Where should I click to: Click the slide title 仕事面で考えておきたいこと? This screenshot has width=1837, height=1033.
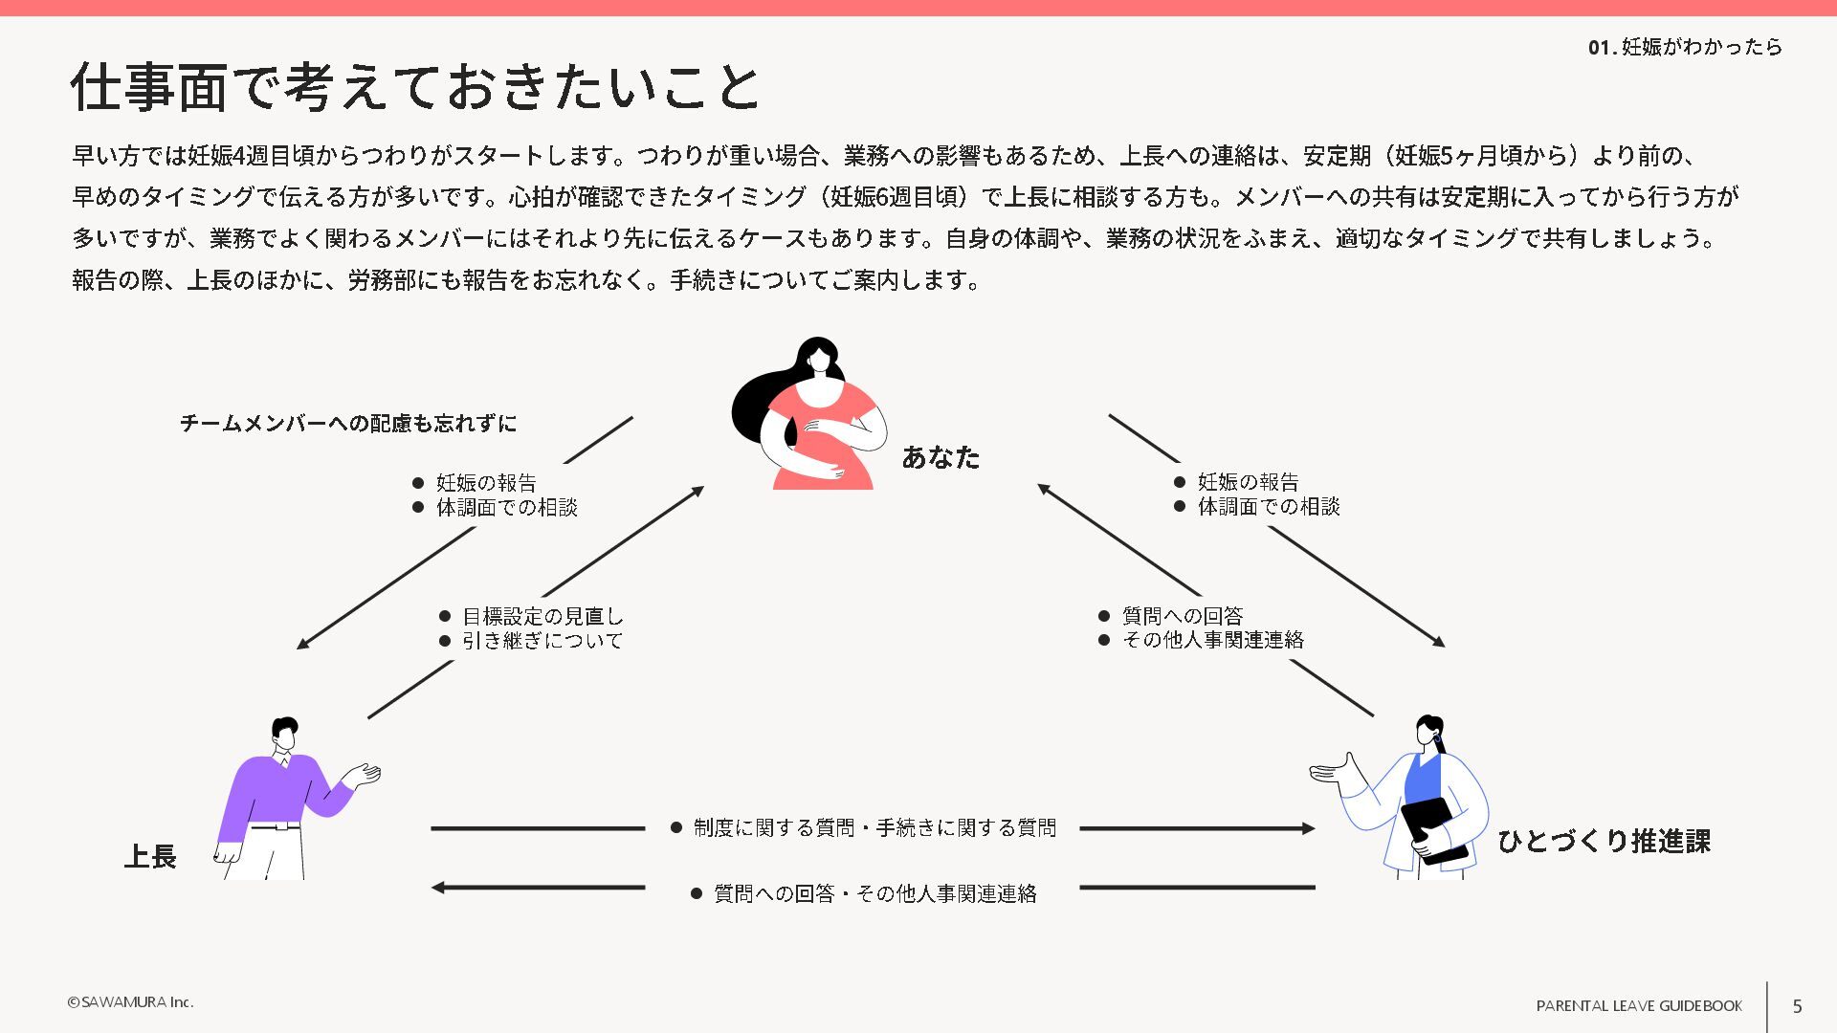click(x=415, y=87)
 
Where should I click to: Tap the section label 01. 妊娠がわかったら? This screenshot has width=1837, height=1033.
click(x=1685, y=47)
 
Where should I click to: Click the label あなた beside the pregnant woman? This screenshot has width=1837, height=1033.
click(x=941, y=457)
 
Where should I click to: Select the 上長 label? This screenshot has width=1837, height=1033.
click(x=150, y=856)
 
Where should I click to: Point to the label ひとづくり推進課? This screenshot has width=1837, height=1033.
click(x=1604, y=841)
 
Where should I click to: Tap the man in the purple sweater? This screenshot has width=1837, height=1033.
click(x=281, y=794)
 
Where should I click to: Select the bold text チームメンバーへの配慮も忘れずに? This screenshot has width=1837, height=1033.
click(x=348, y=423)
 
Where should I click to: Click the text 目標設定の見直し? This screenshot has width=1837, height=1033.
click(x=542, y=616)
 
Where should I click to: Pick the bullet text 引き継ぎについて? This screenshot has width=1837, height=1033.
click(x=542, y=640)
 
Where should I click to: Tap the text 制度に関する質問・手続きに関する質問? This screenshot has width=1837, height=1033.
click(x=874, y=827)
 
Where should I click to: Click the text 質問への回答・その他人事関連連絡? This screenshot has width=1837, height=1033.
click(x=874, y=893)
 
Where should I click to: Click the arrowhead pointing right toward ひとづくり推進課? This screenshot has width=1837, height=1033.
click(x=1308, y=828)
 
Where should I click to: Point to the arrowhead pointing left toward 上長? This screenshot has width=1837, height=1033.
click(x=438, y=888)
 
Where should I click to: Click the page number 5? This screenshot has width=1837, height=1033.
click(x=1797, y=1005)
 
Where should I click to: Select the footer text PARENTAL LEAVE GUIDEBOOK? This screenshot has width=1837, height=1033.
click(x=1639, y=1005)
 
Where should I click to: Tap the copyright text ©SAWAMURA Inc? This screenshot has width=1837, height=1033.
click(x=130, y=1001)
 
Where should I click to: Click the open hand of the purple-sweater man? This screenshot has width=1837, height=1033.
click(x=365, y=774)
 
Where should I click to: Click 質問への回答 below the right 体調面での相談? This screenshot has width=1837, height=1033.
click(x=1183, y=616)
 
